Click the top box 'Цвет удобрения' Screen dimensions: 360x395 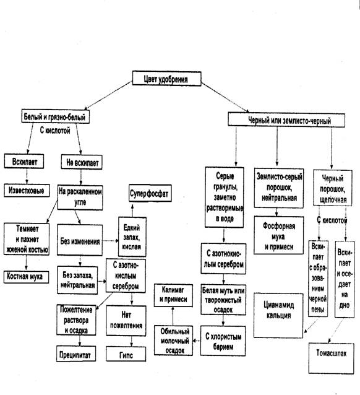pos(166,79)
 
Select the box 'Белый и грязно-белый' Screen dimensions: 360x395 pos(56,116)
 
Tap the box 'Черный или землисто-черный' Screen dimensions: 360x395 pos(286,120)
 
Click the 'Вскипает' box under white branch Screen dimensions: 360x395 pos(24,162)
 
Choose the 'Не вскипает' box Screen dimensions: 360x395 pos(82,162)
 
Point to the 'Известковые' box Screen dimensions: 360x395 pos(27,190)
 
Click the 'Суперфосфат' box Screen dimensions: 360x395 pos(150,193)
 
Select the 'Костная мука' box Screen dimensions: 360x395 pos(26,277)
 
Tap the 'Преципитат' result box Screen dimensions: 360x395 pos(76,354)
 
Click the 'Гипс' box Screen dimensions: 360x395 pos(126,354)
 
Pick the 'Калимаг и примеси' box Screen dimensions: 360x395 pos(173,295)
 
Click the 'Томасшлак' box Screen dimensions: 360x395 pos(332,358)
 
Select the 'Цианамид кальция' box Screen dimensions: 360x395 pos(278,315)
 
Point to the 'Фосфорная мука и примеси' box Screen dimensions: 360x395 pos(279,235)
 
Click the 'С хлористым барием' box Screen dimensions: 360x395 pos(223,341)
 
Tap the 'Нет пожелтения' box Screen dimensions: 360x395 pos(126,321)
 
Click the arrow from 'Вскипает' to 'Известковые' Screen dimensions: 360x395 pos(27,176)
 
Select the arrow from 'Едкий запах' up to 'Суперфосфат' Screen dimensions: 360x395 pos(132,210)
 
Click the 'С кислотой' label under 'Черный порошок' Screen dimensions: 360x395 pos(332,220)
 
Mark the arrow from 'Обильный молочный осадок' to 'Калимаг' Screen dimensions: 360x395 pos(173,316)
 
